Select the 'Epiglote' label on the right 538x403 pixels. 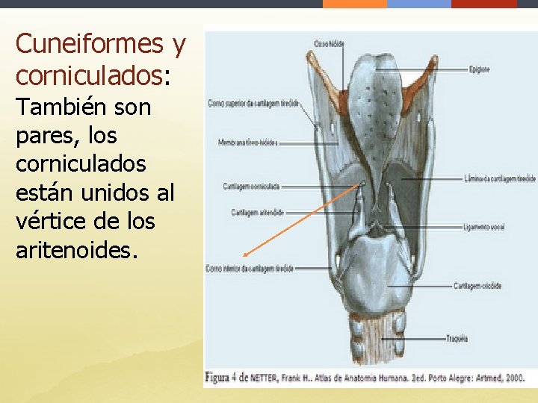[x=479, y=70]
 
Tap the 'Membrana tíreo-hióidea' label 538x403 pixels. [x=247, y=142]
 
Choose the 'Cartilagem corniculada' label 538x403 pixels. [x=251, y=186]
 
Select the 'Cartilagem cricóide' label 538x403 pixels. [x=477, y=286]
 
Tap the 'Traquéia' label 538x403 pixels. [x=457, y=338]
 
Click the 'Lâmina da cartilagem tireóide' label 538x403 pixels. [x=498, y=179]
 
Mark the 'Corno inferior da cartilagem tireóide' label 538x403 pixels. [x=250, y=268]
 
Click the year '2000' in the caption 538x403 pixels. [x=514, y=378]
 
